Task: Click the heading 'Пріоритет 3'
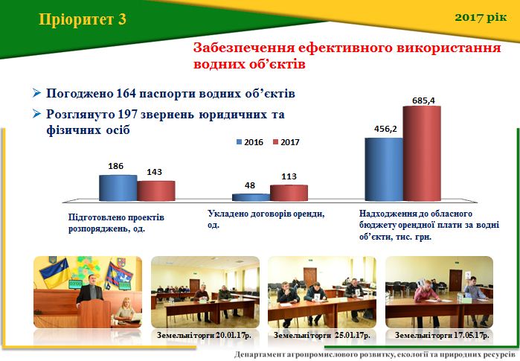[83, 19]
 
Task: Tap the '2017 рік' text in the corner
[481, 17]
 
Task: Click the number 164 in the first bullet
[126, 94]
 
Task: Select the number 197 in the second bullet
[128, 115]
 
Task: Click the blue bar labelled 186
[118, 188]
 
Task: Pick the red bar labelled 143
[156, 191]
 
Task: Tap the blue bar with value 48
[251, 197]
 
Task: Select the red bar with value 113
[289, 193]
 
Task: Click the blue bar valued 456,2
[384, 169]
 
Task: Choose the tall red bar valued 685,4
[422, 153]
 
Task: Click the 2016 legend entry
[250, 142]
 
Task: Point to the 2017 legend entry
[286, 142]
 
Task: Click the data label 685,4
[423, 100]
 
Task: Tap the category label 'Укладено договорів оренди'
[266, 214]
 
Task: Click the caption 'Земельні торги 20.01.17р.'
[204, 335]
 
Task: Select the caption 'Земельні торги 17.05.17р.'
[442, 335]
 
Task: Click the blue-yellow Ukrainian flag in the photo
[55, 272]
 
